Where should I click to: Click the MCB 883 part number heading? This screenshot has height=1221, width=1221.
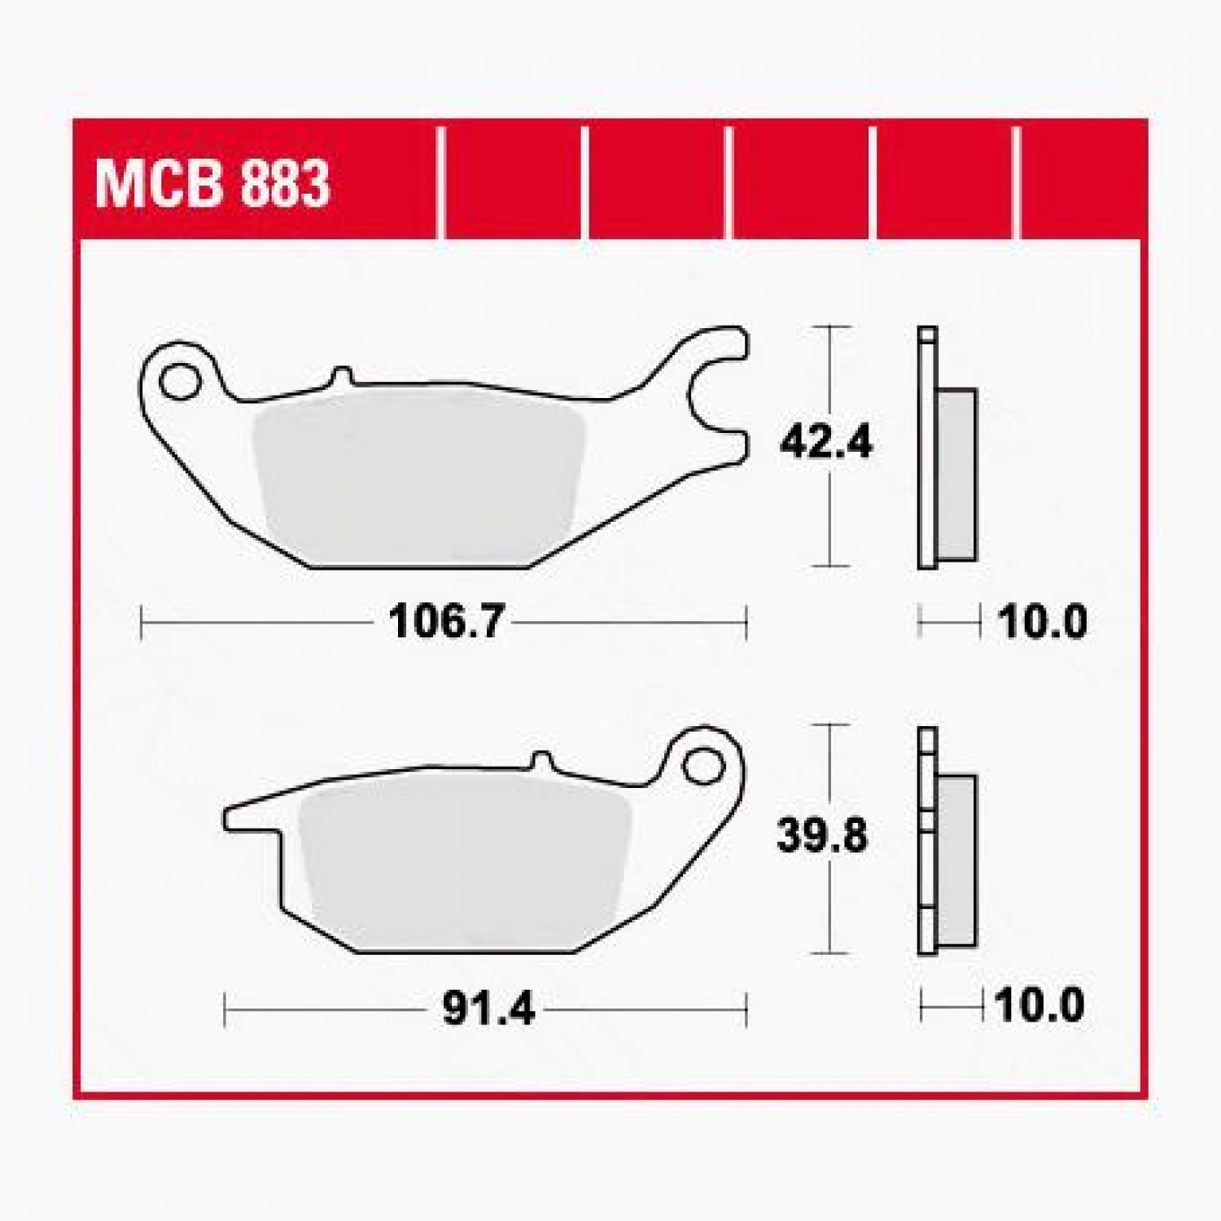[x=212, y=184]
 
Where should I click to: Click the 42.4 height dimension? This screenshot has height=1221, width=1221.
[x=825, y=444]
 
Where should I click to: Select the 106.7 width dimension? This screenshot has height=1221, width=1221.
[x=446, y=624]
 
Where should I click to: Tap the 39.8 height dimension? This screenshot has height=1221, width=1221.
[x=822, y=836]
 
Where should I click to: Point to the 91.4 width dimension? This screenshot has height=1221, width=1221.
[x=488, y=1010]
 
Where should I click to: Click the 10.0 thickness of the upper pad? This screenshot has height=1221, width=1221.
[x=1042, y=624]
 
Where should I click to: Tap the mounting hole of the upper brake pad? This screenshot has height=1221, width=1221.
[x=178, y=382]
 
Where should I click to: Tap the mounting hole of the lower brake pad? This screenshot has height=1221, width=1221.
[x=702, y=767]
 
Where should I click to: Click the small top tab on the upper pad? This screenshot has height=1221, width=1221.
[x=343, y=375]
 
